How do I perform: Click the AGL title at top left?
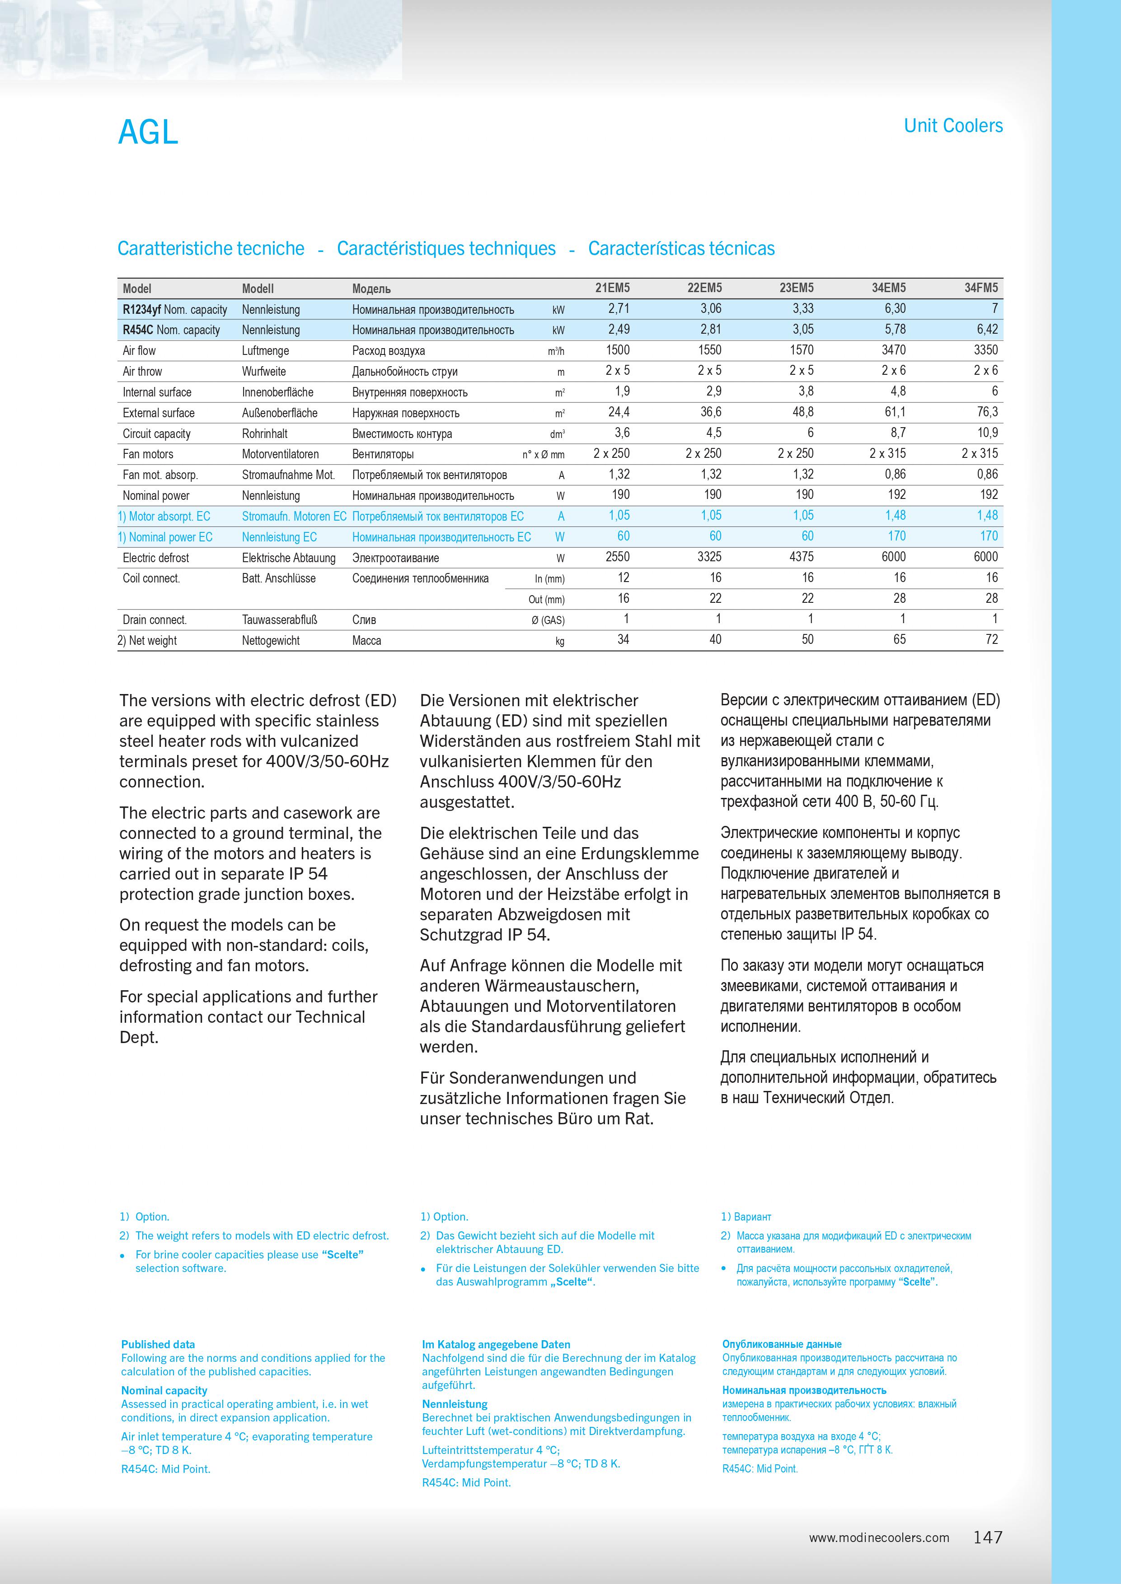click(148, 132)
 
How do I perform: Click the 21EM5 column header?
click(612, 289)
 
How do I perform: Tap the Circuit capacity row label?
click(157, 433)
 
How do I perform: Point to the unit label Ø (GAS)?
click(548, 620)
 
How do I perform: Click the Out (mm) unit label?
click(546, 600)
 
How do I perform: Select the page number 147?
click(988, 1537)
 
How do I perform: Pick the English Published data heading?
click(158, 1344)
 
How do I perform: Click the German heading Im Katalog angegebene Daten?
click(496, 1344)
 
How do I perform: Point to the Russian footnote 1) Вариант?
click(746, 1216)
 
